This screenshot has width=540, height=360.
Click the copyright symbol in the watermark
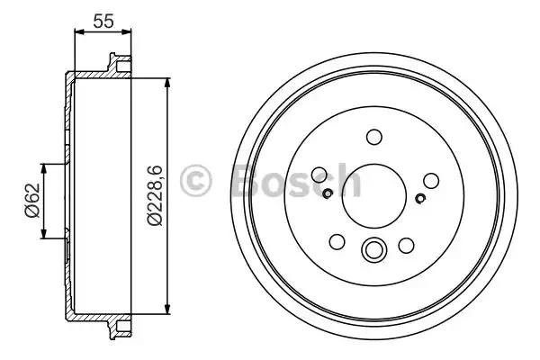[x=196, y=181]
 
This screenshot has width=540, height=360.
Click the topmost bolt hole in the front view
[x=373, y=137]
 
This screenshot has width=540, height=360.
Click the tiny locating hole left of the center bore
[x=328, y=192]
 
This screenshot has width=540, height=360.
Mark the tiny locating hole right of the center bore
[x=420, y=198]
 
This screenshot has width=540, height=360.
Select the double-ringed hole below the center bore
[x=373, y=250]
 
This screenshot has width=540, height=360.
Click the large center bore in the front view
[x=373, y=196]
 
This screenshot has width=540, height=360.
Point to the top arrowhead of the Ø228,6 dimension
[x=167, y=83]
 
